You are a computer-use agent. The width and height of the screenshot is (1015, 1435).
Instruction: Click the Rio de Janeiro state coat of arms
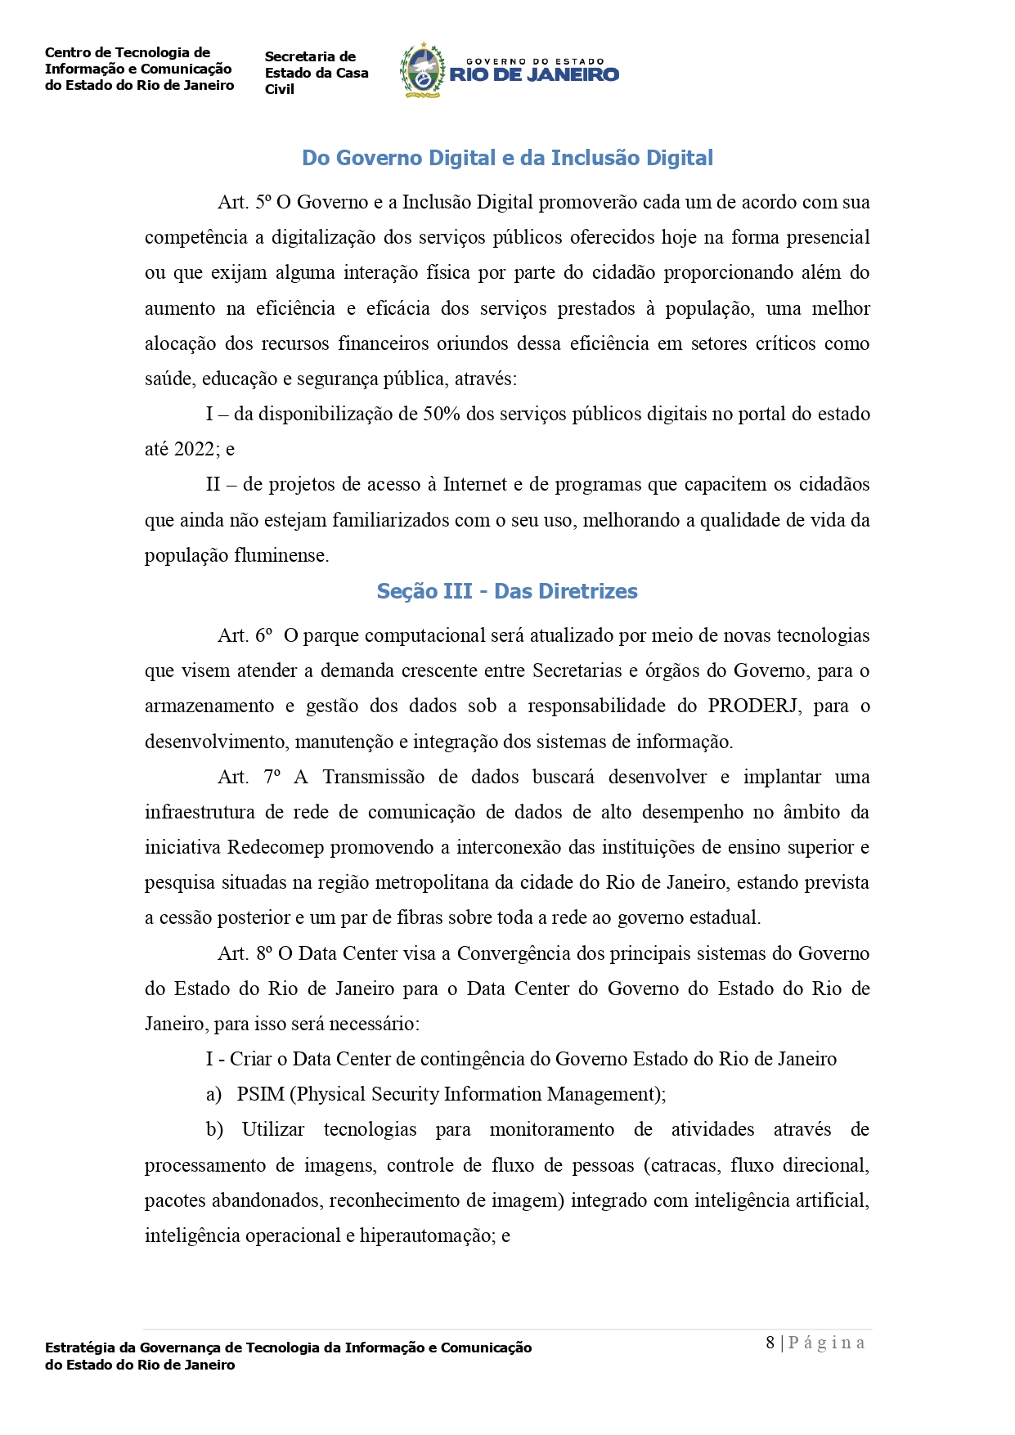point(420,71)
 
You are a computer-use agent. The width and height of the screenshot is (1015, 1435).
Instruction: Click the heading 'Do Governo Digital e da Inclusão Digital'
point(507,158)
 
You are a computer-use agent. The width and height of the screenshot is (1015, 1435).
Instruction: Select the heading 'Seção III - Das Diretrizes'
point(507,591)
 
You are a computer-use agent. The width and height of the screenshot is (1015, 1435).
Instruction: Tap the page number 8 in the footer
point(770,1343)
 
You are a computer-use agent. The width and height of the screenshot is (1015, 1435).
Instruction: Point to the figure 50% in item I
point(442,414)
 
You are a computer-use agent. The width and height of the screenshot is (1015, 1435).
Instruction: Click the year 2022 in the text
point(195,449)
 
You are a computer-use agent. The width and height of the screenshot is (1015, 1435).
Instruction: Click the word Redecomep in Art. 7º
point(276,847)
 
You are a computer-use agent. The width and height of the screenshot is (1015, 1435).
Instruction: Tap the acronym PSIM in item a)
point(260,1094)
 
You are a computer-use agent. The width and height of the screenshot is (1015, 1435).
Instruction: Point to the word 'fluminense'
point(281,555)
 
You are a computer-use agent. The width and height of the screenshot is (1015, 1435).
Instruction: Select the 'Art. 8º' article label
point(245,953)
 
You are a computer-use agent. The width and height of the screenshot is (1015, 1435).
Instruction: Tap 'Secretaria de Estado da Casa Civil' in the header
point(317,73)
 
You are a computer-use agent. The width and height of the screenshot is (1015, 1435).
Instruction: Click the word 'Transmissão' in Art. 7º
point(373,777)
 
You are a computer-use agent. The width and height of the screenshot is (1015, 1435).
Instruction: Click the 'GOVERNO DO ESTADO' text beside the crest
point(535,61)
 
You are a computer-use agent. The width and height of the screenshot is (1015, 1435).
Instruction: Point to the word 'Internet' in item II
point(475,484)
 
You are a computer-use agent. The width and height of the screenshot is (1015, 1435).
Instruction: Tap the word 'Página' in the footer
point(826,1343)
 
